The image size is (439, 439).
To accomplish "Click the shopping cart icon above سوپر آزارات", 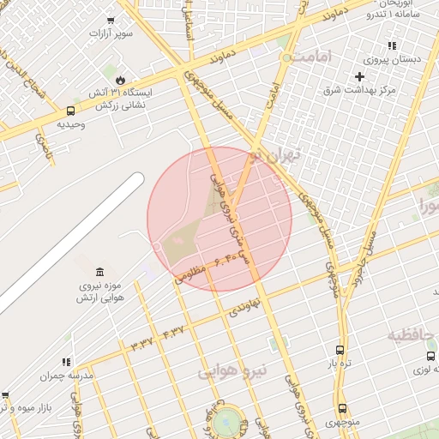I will (x=111, y=21).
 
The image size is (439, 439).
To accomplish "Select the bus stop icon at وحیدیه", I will (x=70, y=110).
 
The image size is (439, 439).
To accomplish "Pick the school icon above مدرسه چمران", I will (x=66, y=362).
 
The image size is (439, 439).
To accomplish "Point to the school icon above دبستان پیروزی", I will (x=392, y=45).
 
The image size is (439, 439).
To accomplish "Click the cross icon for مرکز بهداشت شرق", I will (x=359, y=77).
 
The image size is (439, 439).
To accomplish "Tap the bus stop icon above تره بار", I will (x=340, y=350).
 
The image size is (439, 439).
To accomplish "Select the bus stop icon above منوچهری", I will (x=343, y=409).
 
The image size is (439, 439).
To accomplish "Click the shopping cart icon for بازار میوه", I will (x=5, y=395).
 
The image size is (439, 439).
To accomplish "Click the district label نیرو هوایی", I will (x=233, y=370).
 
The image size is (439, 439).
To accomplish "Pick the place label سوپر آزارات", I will (x=111, y=33).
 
